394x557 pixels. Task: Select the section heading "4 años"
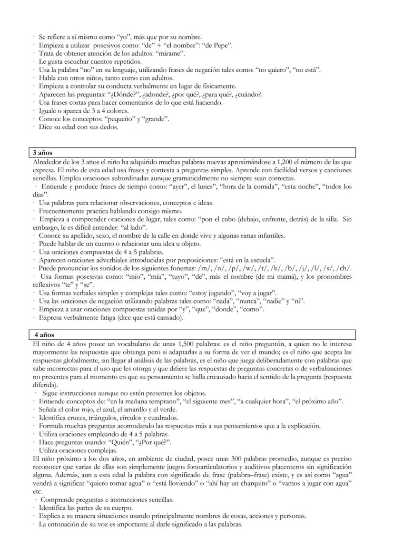[44, 335]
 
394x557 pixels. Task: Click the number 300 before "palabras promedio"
[236, 459]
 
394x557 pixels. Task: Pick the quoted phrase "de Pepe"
[217, 46]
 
